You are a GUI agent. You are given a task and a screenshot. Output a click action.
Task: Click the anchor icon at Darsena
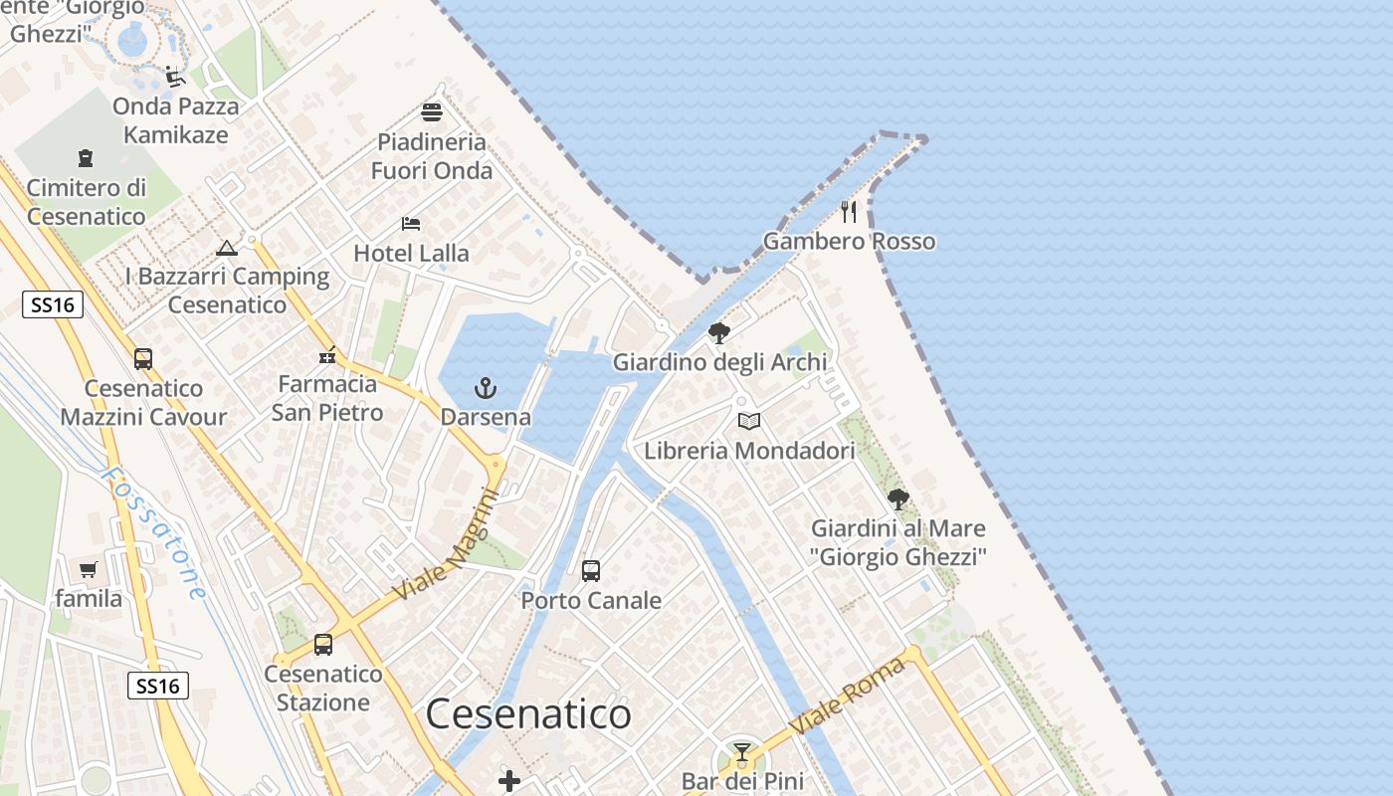click(x=486, y=388)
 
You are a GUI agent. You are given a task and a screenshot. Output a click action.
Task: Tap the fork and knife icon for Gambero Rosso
click(x=848, y=212)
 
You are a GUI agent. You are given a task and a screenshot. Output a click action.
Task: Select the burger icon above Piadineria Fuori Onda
click(x=432, y=112)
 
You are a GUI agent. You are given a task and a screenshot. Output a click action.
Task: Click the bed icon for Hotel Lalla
click(x=411, y=224)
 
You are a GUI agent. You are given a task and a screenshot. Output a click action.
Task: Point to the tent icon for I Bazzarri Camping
click(x=227, y=248)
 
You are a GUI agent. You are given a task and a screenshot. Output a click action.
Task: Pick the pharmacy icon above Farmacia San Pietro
click(x=327, y=355)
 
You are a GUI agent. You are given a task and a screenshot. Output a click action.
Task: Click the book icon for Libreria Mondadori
click(x=749, y=422)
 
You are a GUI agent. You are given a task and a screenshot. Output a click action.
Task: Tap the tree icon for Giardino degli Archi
click(x=719, y=333)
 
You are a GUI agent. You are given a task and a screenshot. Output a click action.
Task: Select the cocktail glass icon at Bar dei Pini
click(x=741, y=752)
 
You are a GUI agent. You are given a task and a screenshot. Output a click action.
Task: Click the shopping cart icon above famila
click(x=89, y=570)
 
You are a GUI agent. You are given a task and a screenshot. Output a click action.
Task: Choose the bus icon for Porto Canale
click(x=591, y=571)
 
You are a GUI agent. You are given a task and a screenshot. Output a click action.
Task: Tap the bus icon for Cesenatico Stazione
click(x=323, y=645)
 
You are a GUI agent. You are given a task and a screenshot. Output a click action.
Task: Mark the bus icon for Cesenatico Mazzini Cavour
click(x=143, y=359)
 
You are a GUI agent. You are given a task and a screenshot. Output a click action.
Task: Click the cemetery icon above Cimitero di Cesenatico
click(x=86, y=158)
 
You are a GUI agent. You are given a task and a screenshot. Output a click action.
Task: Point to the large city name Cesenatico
click(x=528, y=714)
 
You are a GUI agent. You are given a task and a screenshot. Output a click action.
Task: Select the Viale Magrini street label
click(x=444, y=545)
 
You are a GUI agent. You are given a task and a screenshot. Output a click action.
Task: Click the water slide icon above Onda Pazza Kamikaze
click(x=176, y=77)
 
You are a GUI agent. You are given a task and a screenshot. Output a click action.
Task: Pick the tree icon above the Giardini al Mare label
click(x=898, y=499)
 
